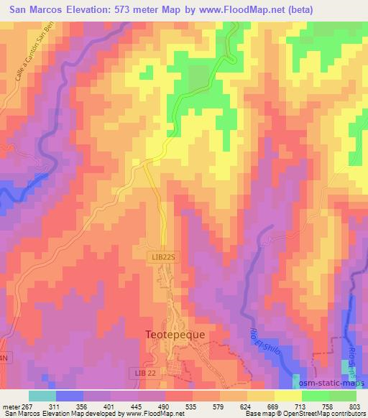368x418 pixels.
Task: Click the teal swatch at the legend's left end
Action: (x=42, y=396)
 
